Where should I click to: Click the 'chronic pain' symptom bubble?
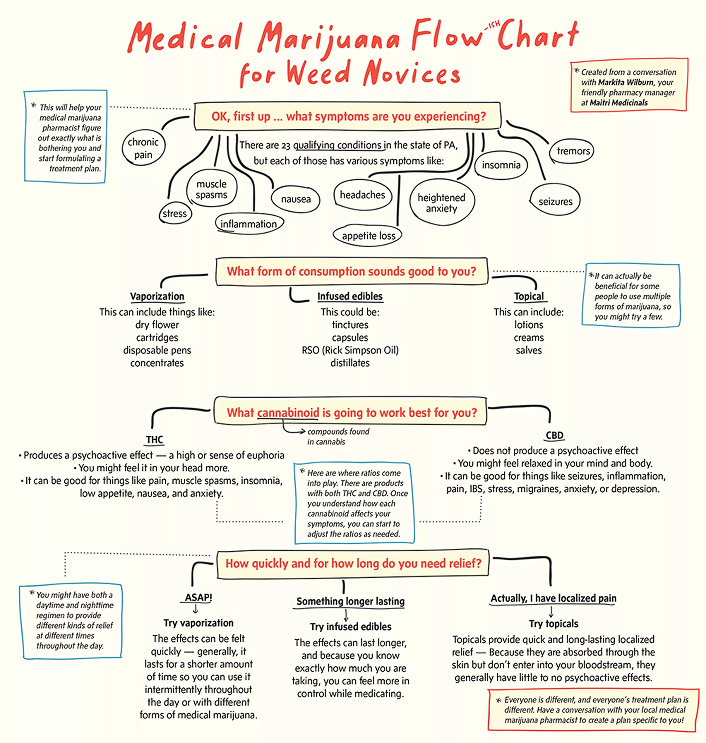pyautogui.click(x=143, y=148)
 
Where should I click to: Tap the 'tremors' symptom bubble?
pyautogui.click(x=573, y=151)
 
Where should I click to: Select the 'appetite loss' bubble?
pyautogui.click(x=369, y=236)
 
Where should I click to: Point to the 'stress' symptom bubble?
pyautogui.click(x=175, y=214)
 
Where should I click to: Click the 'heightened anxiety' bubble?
pyautogui.click(x=442, y=203)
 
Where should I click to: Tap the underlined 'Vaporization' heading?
pyautogui.click(x=157, y=296)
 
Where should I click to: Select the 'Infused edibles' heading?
pyautogui.click(x=350, y=296)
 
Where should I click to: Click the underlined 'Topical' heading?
pyautogui.click(x=529, y=296)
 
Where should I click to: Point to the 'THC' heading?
pyautogui.click(x=154, y=439)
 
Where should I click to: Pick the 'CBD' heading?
pyautogui.click(x=554, y=435)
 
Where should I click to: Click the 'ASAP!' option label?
pyautogui.click(x=198, y=597)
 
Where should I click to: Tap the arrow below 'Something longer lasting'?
pyautogui.click(x=346, y=615)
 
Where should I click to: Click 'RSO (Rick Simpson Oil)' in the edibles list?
pyautogui.click(x=350, y=350)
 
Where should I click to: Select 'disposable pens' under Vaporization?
pyautogui.click(x=157, y=350)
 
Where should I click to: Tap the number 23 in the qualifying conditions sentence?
pyautogui.click(x=286, y=146)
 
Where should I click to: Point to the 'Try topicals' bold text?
pyautogui.click(x=553, y=624)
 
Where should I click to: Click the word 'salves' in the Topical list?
pyautogui.click(x=529, y=350)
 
